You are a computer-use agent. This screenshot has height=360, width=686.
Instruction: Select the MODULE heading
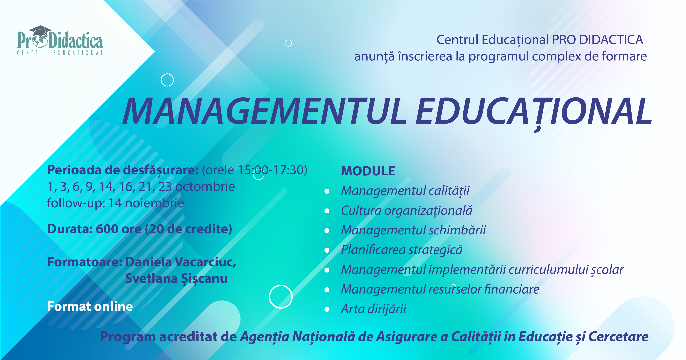(368, 171)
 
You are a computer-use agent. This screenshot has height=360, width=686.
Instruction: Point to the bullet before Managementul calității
(327, 191)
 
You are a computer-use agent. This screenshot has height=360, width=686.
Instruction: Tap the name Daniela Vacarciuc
(181, 262)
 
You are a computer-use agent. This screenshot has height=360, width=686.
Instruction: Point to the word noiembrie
(154, 203)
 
